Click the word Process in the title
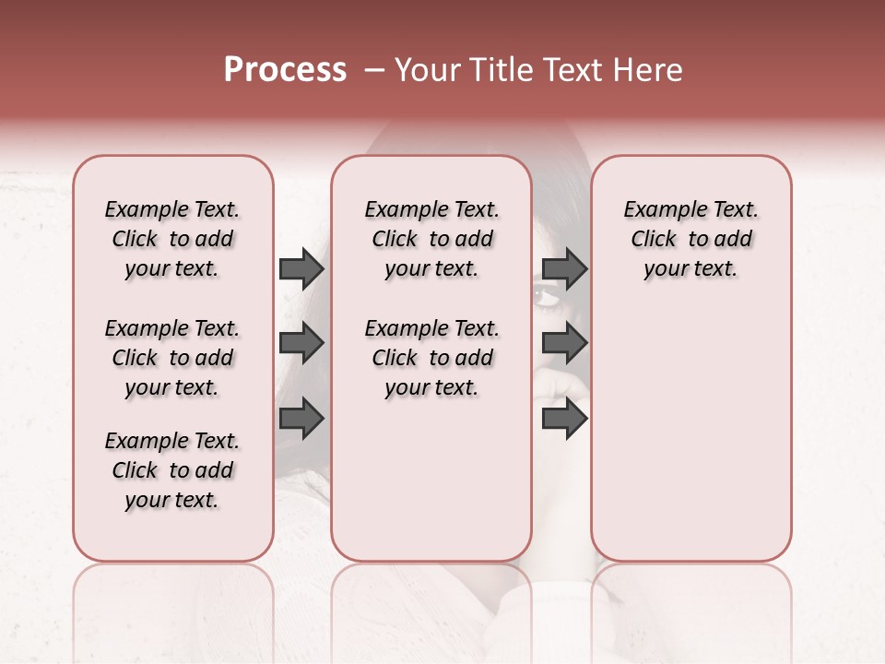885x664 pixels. coord(285,70)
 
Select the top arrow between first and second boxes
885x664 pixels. coord(301,268)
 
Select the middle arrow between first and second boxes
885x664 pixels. coord(301,344)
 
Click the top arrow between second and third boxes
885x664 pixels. coord(564,268)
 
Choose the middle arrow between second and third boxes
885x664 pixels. coord(564,344)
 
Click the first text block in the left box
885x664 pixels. coord(171,239)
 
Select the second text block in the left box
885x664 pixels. coord(171,358)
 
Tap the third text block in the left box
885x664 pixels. coord(171,470)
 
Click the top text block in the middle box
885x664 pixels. coord(431,239)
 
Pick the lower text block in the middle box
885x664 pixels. coord(431,358)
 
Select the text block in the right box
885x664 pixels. coord(690,239)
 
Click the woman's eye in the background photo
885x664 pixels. coord(542,296)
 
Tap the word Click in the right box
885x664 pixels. coord(654,239)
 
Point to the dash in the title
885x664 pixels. coord(373,70)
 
